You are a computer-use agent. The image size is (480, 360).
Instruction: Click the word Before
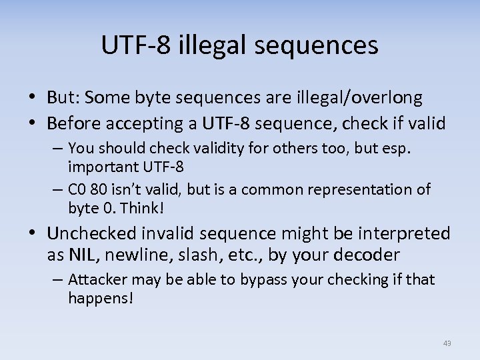click(x=78, y=123)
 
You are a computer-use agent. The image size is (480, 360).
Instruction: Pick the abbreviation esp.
click(x=399, y=147)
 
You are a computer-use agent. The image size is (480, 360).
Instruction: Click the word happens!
click(x=101, y=298)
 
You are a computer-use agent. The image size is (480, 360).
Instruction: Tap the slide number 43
click(x=447, y=343)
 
